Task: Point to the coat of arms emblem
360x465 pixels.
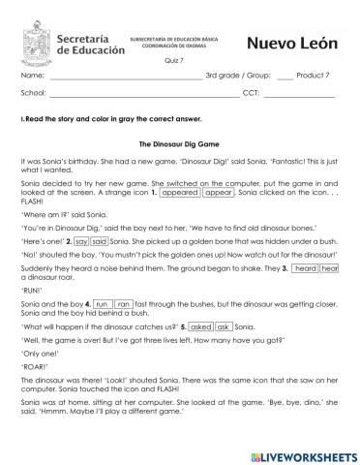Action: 39,39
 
